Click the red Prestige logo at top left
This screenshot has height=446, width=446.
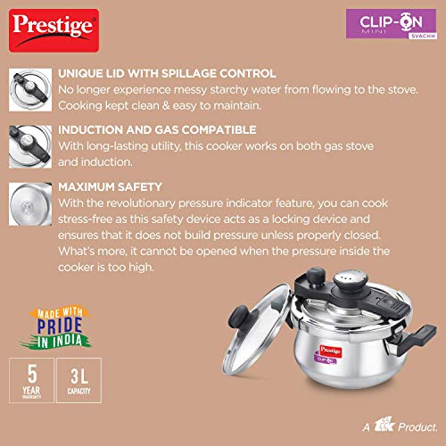point(54,30)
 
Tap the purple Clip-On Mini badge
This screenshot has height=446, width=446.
point(392,24)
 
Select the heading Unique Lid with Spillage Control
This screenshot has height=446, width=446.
point(167,73)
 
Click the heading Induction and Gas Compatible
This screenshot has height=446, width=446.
point(157,130)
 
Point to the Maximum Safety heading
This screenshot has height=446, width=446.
point(110,187)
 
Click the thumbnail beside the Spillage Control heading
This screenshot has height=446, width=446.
point(30,90)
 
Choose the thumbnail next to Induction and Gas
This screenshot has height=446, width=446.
point(30,146)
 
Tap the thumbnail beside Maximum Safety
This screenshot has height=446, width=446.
point(30,204)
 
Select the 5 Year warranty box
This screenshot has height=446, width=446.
point(31,380)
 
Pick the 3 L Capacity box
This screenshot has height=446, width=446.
point(79,380)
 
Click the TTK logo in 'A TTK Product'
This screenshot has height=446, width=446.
point(384,425)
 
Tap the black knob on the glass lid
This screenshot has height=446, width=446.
point(240,316)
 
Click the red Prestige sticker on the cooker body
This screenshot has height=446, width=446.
point(331,351)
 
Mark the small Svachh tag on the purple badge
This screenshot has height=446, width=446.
point(423,36)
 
